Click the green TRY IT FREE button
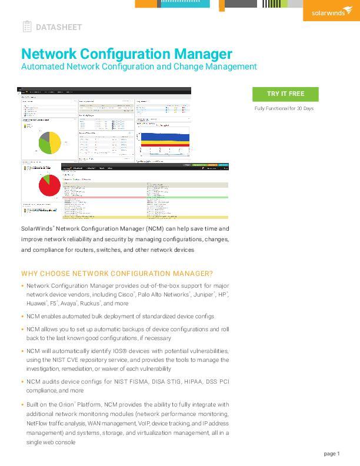tap(285, 94)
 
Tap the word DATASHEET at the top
tap(59, 27)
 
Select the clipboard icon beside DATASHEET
tap(27, 26)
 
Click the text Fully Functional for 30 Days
tap(284, 109)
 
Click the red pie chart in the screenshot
tap(49, 186)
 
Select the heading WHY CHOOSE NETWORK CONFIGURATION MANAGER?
tap(117, 274)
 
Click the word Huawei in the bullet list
tap(36, 304)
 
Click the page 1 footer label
tap(332, 454)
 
